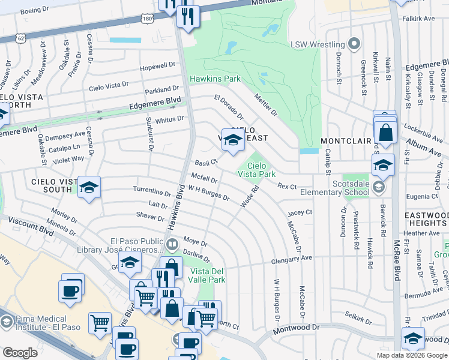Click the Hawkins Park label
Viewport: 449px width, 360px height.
[x=215, y=79]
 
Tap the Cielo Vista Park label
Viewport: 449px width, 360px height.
[x=261, y=170]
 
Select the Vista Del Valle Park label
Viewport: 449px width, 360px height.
[x=206, y=275]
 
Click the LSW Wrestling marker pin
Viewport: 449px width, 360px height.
[x=354, y=44]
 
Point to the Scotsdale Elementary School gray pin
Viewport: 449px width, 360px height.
[x=378, y=187]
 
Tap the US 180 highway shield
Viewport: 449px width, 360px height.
[x=146, y=19]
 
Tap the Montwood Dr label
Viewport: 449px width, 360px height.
[x=296, y=329]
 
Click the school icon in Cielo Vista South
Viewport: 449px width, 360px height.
[x=89, y=188]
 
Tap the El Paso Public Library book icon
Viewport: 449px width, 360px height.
[x=172, y=245]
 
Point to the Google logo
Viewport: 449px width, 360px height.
[x=20, y=353]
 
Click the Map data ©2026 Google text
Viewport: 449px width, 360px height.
[x=411, y=355]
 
